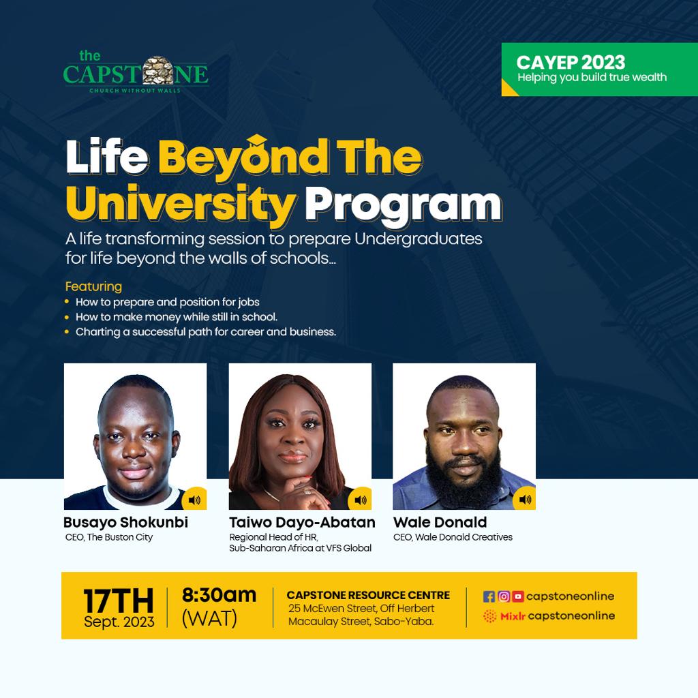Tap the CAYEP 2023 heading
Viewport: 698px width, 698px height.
pos(571,62)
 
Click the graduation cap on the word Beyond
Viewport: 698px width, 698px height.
pos(257,142)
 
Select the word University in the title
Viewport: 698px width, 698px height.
pos(181,202)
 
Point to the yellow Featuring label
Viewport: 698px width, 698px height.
pos(93,286)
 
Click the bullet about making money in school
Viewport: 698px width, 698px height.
pos(177,317)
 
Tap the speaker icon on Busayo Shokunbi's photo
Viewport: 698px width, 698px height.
pos(194,500)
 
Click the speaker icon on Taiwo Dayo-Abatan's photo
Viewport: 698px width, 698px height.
pos(359,500)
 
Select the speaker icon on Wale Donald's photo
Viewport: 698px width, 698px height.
pos(524,500)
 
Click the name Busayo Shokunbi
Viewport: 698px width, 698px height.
pos(125,523)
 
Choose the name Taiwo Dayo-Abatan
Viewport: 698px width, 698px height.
pos(302,523)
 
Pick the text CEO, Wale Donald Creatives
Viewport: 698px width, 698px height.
pos(453,537)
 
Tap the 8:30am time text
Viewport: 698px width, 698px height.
pos(219,594)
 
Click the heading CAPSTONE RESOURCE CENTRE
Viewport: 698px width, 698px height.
pos(368,596)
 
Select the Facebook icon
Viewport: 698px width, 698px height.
pos(489,596)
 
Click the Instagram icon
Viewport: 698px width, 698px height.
pos(504,596)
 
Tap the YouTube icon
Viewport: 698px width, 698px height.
pos(518,596)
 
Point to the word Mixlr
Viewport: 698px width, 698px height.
pos(513,616)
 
